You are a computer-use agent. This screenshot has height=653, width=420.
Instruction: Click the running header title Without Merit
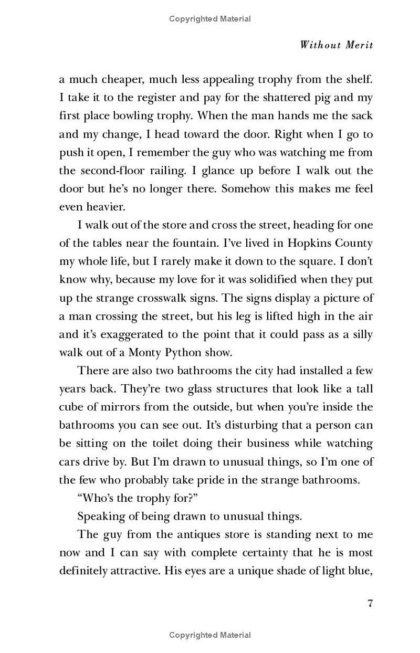(336, 45)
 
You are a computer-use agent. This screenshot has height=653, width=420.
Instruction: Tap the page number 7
(370, 603)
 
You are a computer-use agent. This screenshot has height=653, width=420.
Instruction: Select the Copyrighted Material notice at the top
(210, 19)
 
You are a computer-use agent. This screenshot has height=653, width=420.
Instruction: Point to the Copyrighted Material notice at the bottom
(210, 635)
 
